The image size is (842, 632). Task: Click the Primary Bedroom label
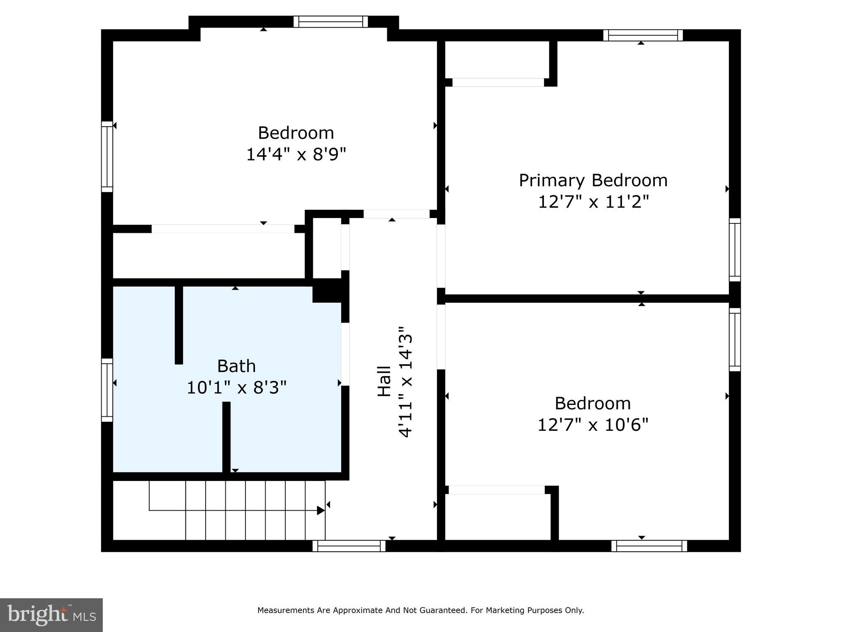pyautogui.click(x=593, y=181)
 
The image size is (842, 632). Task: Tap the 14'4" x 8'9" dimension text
pyautogui.click(x=296, y=155)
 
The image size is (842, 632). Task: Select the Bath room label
pyautogui.click(x=236, y=366)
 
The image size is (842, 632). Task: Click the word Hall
pyautogui.click(x=384, y=381)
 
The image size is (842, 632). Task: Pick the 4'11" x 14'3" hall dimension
pyautogui.click(x=406, y=381)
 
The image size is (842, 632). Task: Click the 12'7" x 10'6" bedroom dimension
pyautogui.click(x=593, y=425)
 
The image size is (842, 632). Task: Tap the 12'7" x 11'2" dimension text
pyautogui.click(x=593, y=202)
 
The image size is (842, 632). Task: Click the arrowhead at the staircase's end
pyautogui.click(x=321, y=511)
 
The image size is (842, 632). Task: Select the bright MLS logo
pyautogui.click(x=51, y=615)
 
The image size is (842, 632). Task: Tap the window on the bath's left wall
pyautogui.click(x=107, y=390)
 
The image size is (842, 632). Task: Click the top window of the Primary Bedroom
pyautogui.click(x=643, y=35)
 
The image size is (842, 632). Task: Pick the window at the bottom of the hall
pyautogui.click(x=349, y=546)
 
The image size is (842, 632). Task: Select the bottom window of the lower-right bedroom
pyautogui.click(x=649, y=546)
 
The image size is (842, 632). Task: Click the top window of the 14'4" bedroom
pyautogui.click(x=331, y=22)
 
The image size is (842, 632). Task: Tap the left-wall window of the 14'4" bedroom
pyautogui.click(x=107, y=157)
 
